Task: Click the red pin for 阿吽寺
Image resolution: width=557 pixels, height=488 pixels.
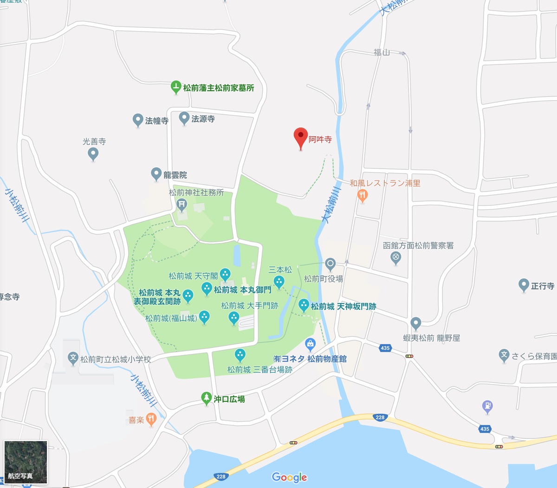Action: (301, 137)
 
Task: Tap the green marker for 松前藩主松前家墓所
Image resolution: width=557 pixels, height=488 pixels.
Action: (175, 87)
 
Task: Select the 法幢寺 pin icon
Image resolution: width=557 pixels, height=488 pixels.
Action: (137, 120)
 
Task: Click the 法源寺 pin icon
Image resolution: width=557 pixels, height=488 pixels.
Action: (184, 118)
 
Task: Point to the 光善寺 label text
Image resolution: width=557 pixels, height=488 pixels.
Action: (94, 141)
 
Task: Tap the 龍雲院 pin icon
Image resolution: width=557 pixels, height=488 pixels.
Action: (156, 174)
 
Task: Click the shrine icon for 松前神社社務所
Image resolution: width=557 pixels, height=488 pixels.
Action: (181, 204)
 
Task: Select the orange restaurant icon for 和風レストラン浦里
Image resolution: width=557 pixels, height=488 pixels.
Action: (363, 195)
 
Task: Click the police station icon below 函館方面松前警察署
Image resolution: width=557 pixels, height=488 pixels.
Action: (396, 257)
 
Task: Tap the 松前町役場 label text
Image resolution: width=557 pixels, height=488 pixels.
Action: (324, 279)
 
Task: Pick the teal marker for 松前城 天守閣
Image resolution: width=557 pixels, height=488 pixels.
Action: (225, 275)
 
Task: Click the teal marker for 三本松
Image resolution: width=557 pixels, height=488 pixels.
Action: (279, 282)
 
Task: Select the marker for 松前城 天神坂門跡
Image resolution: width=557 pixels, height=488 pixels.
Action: (304, 305)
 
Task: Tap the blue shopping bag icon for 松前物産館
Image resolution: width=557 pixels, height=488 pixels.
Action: (311, 344)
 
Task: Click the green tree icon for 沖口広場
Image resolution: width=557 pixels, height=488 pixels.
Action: (207, 398)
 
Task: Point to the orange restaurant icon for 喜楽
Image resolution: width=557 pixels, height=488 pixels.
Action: (151, 419)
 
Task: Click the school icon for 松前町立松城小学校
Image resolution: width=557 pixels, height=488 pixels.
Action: (73, 358)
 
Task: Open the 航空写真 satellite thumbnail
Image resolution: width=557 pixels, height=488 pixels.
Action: (26, 462)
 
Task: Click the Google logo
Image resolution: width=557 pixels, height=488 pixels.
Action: (289, 477)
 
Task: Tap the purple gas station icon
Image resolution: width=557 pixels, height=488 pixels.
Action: (487, 407)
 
